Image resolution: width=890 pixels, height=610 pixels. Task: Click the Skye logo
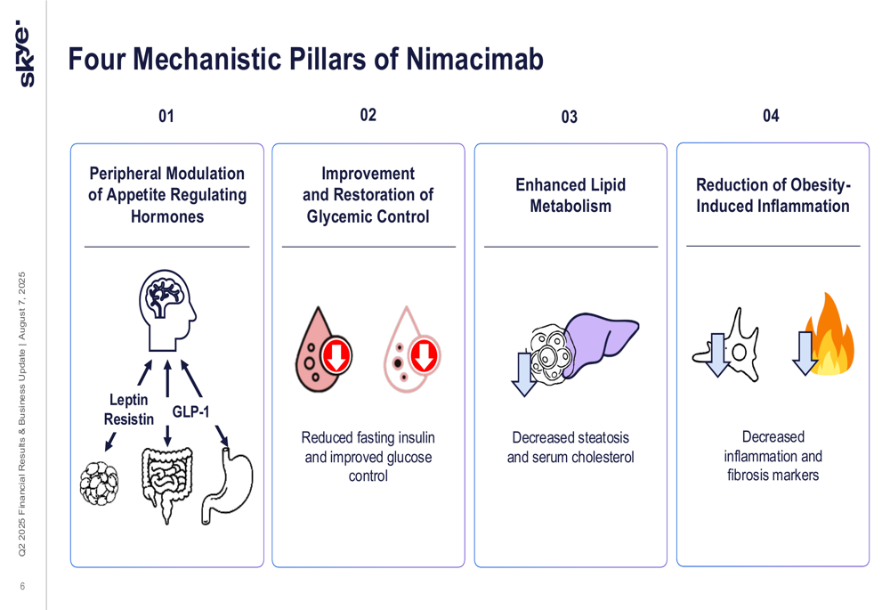point(25,53)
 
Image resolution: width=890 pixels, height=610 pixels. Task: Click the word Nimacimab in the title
point(474,59)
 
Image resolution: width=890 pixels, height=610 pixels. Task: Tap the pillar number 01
point(166,117)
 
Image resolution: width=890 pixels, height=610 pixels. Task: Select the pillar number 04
point(771,116)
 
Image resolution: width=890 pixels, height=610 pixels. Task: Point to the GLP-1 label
point(190,411)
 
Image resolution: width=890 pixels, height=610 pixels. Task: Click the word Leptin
point(128,400)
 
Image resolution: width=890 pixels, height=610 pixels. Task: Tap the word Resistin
point(129,419)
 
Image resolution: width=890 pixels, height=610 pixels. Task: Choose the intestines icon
point(167,484)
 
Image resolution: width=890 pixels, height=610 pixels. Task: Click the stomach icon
point(228,486)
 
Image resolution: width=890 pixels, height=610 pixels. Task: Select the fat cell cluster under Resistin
point(100,484)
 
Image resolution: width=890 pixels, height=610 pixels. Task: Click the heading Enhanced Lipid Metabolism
point(570,195)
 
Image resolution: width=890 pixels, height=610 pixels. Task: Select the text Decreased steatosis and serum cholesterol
point(570,447)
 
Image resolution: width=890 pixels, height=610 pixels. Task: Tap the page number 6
point(23,586)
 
